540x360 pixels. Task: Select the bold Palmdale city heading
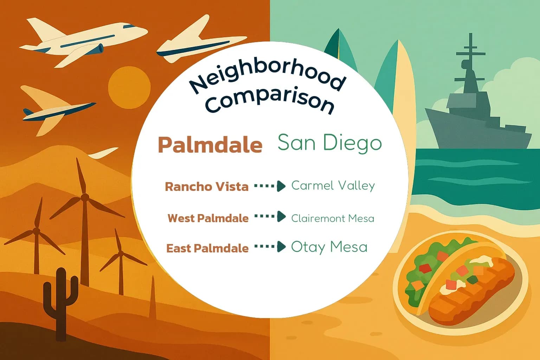210,144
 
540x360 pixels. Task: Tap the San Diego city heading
329,142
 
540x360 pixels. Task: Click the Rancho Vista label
207,186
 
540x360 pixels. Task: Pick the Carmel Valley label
333,185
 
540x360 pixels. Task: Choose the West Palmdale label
208,218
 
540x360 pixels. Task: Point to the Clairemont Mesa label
333,218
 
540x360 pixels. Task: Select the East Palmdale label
207,248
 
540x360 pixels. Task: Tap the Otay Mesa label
329,247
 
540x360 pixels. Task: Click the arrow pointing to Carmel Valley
270,186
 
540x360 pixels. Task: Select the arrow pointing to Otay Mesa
270,247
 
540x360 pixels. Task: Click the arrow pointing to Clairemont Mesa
270,217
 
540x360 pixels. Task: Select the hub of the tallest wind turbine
85,197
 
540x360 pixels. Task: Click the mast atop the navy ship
471,49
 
